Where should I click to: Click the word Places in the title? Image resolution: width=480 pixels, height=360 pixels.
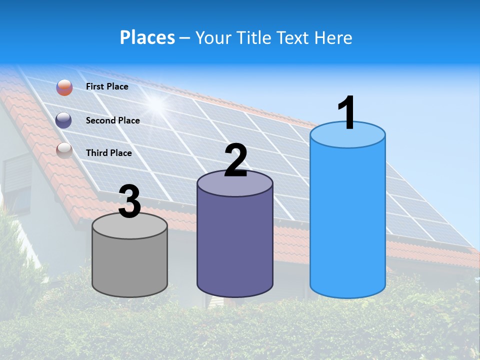click(147, 37)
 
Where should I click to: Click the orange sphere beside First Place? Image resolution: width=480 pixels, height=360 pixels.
click(64, 87)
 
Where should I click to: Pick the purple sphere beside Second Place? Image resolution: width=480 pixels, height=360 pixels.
click(64, 120)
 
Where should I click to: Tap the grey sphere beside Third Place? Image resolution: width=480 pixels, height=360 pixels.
click(64, 150)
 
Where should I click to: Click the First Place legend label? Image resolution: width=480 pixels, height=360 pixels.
click(107, 86)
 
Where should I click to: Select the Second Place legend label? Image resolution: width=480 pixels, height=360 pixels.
click(112, 120)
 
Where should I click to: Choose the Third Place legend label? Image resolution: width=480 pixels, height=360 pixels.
click(109, 153)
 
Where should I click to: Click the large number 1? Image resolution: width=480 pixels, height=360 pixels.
click(346, 113)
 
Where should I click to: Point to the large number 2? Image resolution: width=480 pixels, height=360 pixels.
click(235, 160)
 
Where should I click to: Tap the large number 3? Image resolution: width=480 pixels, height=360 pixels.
click(130, 202)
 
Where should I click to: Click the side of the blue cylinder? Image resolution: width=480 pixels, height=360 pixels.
click(347, 220)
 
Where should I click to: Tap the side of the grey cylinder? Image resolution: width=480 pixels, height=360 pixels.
click(130, 265)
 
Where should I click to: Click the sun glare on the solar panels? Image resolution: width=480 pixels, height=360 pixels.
click(156, 103)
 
